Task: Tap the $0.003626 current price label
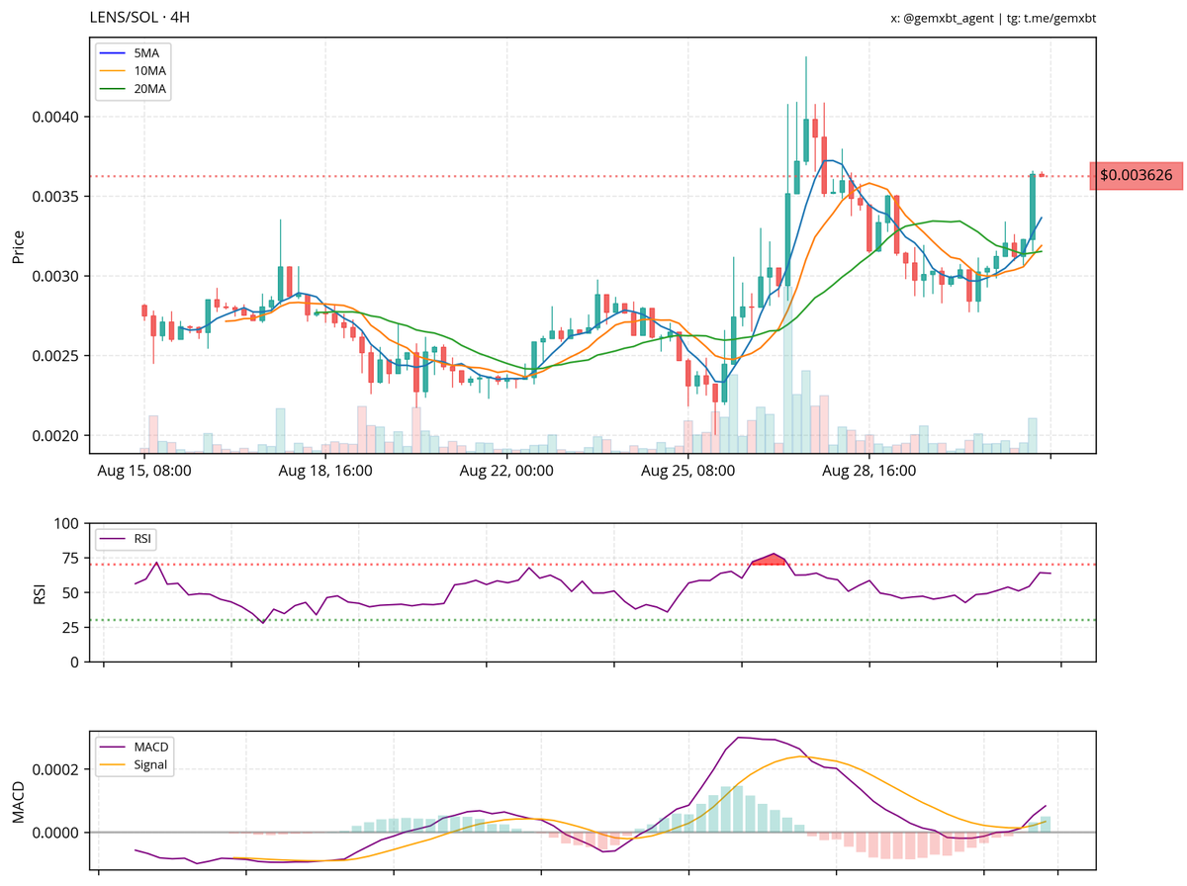point(1136,175)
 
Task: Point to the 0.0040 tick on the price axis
point(56,117)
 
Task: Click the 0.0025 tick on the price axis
point(56,356)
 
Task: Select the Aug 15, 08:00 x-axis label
point(144,472)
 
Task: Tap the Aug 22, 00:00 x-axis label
point(506,472)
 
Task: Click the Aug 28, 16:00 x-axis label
point(869,472)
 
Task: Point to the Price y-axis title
point(18,246)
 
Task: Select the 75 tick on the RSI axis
point(70,565)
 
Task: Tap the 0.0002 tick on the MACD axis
point(56,769)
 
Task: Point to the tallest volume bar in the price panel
point(787,386)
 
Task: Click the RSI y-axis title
point(41,592)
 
